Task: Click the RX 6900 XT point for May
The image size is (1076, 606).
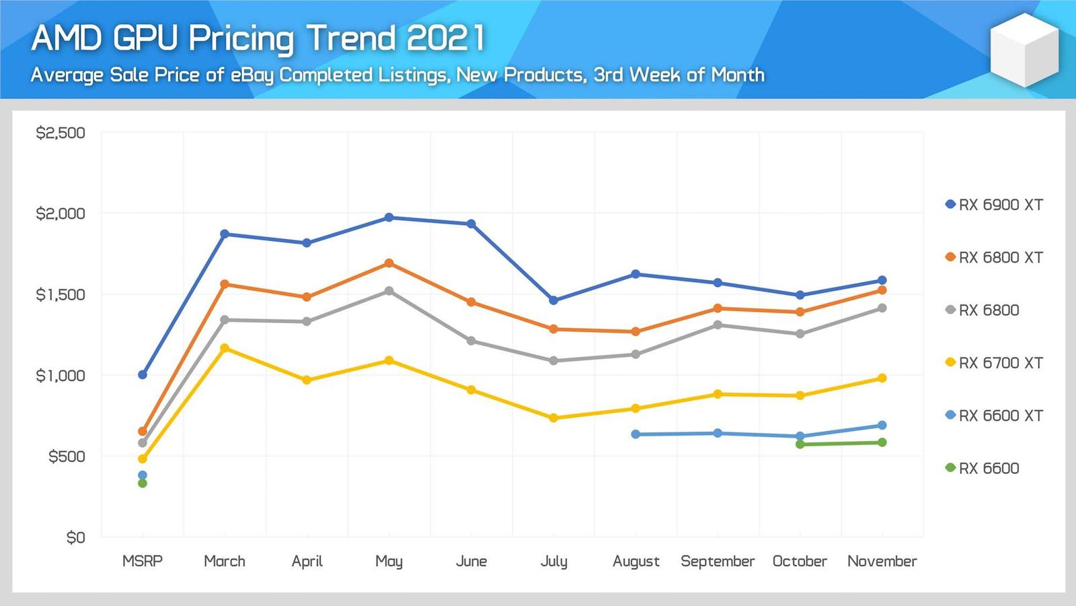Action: (x=389, y=217)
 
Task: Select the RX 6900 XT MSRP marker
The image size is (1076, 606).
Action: (x=143, y=374)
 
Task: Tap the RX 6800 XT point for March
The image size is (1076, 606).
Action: (x=225, y=284)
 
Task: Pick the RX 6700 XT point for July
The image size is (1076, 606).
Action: (x=553, y=418)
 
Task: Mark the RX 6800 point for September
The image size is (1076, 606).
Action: (x=718, y=325)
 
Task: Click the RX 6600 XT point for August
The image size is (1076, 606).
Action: (x=636, y=434)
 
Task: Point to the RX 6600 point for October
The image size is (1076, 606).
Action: (x=800, y=444)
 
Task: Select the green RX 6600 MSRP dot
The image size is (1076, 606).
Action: (x=143, y=483)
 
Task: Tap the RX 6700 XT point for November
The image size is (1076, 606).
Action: (x=882, y=378)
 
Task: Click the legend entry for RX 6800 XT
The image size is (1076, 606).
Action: (x=994, y=257)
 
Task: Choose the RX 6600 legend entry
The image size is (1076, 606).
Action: (x=983, y=468)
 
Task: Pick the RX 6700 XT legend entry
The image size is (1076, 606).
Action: (x=994, y=363)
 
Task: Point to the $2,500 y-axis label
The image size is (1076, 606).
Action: (x=61, y=133)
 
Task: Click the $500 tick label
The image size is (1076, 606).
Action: (x=67, y=457)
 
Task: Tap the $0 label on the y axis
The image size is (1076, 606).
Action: (x=75, y=537)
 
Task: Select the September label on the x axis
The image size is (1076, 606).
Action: (x=718, y=561)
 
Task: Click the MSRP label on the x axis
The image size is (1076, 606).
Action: (x=143, y=561)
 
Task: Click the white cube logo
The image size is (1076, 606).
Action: (x=1024, y=48)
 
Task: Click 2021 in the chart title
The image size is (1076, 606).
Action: (x=445, y=38)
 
